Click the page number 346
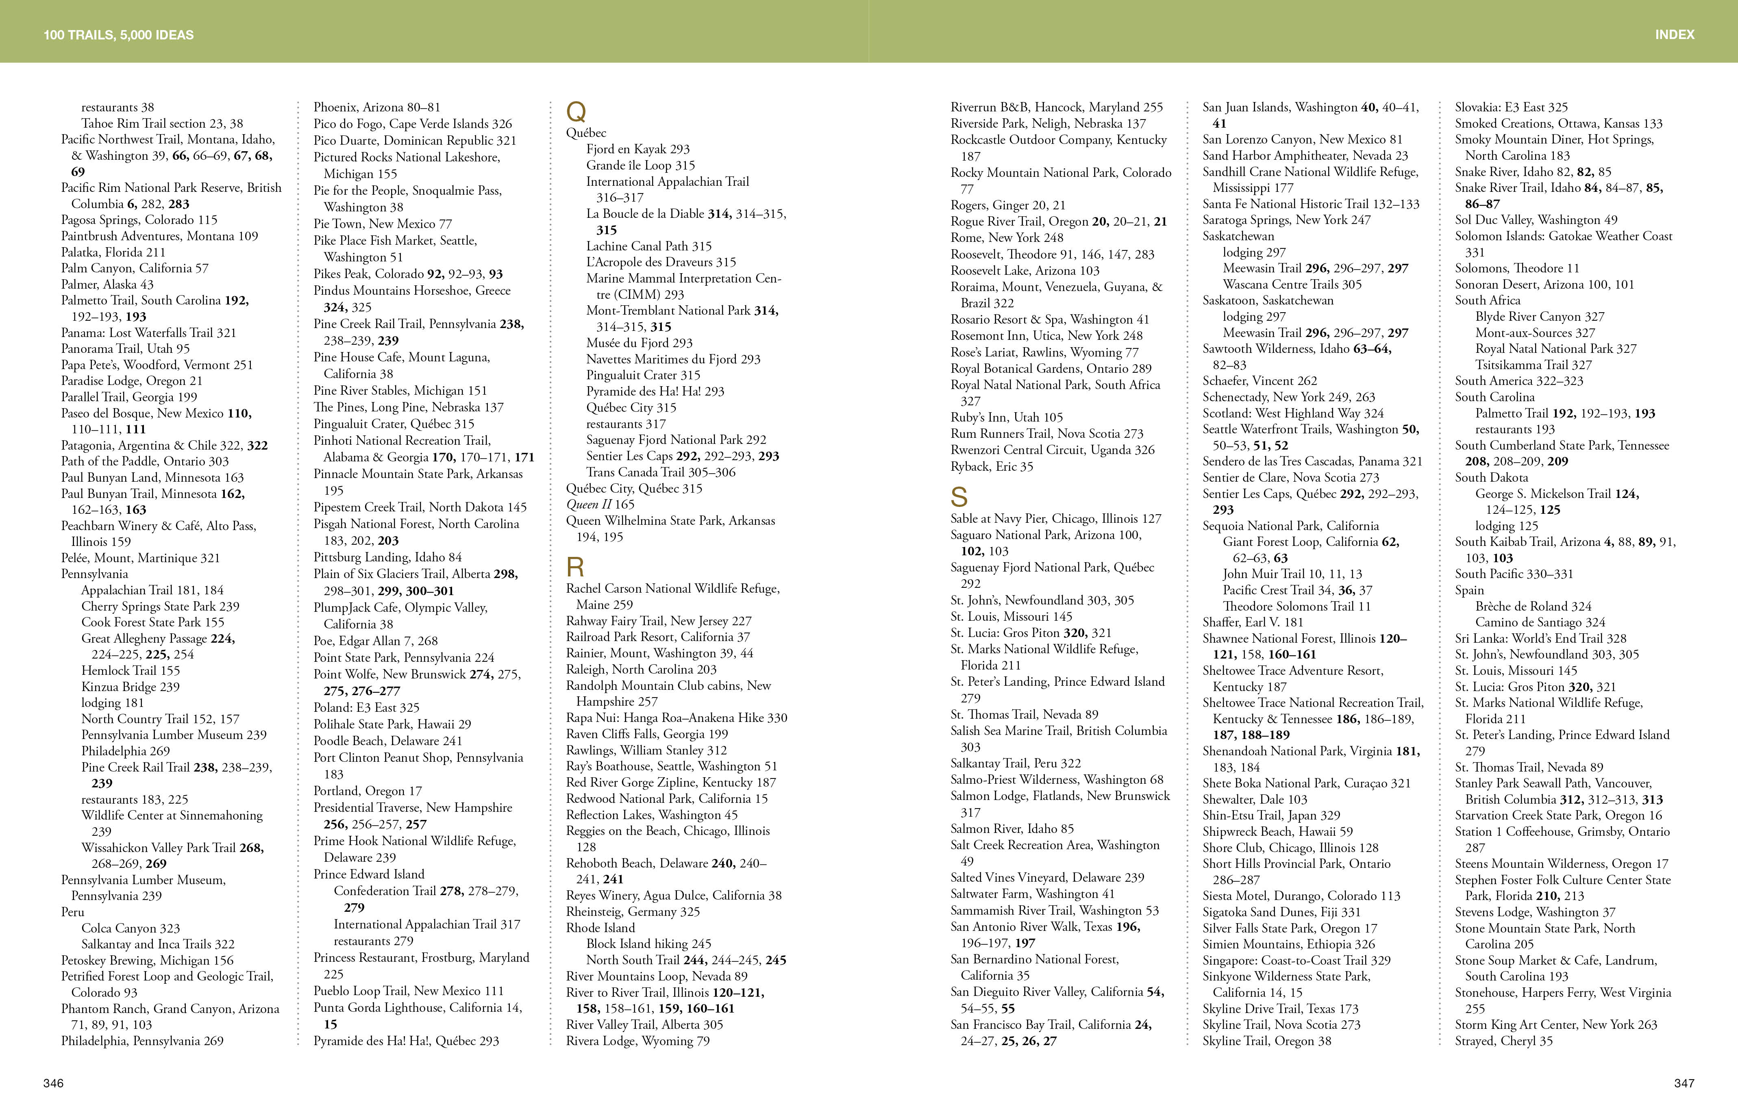54,1083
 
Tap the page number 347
1684,1083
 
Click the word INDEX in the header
1675,35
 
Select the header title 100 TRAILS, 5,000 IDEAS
119,35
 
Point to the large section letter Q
576,112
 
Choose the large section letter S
959,497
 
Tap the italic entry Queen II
600,504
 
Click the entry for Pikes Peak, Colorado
408,274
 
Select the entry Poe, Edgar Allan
375,641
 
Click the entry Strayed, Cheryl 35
1503,1041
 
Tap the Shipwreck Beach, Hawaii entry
1277,831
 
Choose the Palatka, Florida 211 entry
113,252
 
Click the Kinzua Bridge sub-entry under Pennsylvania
130,687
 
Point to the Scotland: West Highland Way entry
1293,413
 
